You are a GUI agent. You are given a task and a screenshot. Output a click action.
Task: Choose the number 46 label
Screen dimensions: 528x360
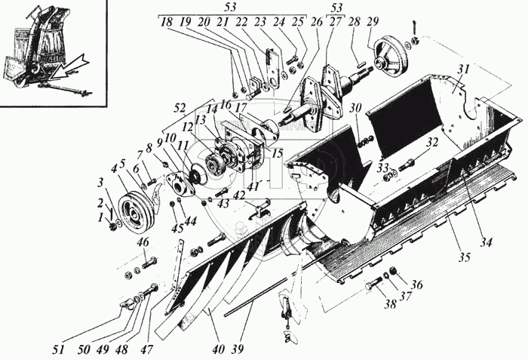[143, 242]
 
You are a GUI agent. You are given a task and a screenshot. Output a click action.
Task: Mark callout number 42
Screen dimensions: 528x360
[238, 195]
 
